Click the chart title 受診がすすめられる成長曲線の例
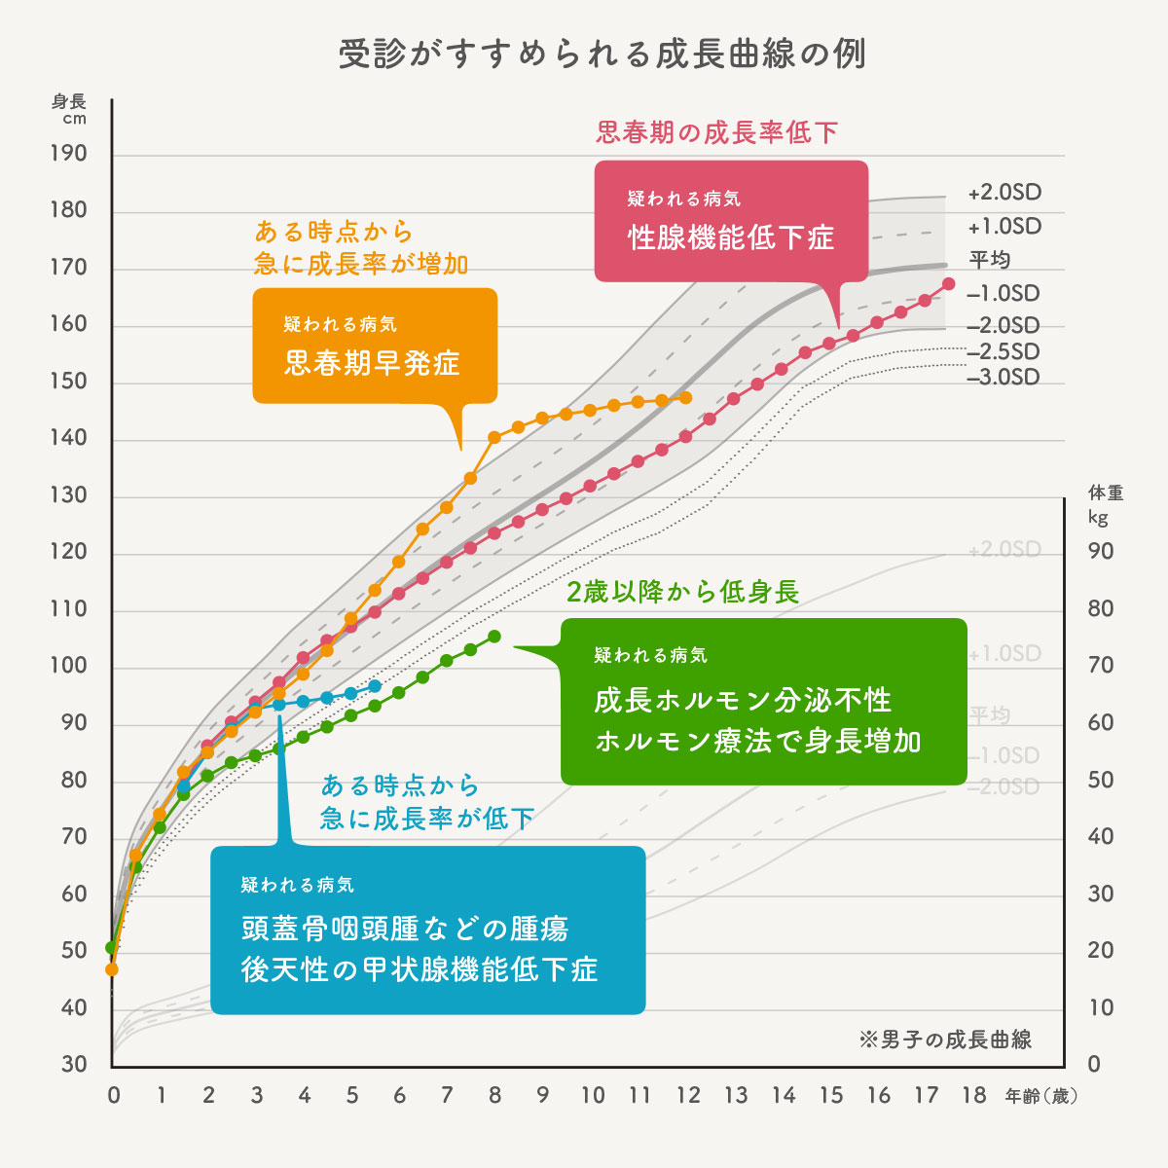point(602,54)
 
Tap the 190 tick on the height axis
point(68,154)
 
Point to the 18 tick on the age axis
point(974,1096)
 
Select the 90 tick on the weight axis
point(1101,552)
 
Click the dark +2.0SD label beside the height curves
point(1004,193)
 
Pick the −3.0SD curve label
point(1003,378)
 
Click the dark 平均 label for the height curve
point(990,260)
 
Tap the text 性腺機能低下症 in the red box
point(731,238)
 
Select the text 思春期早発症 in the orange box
point(372,364)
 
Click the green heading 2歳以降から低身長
point(682,592)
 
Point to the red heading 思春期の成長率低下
point(716,132)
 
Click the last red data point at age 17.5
point(949,284)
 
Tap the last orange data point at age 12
point(686,398)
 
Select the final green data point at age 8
point(494,637)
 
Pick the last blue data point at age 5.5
point(375,686)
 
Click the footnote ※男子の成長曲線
point(945,1040)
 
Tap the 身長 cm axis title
point(69,109)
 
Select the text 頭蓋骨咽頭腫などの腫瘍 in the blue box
point(404,930)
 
